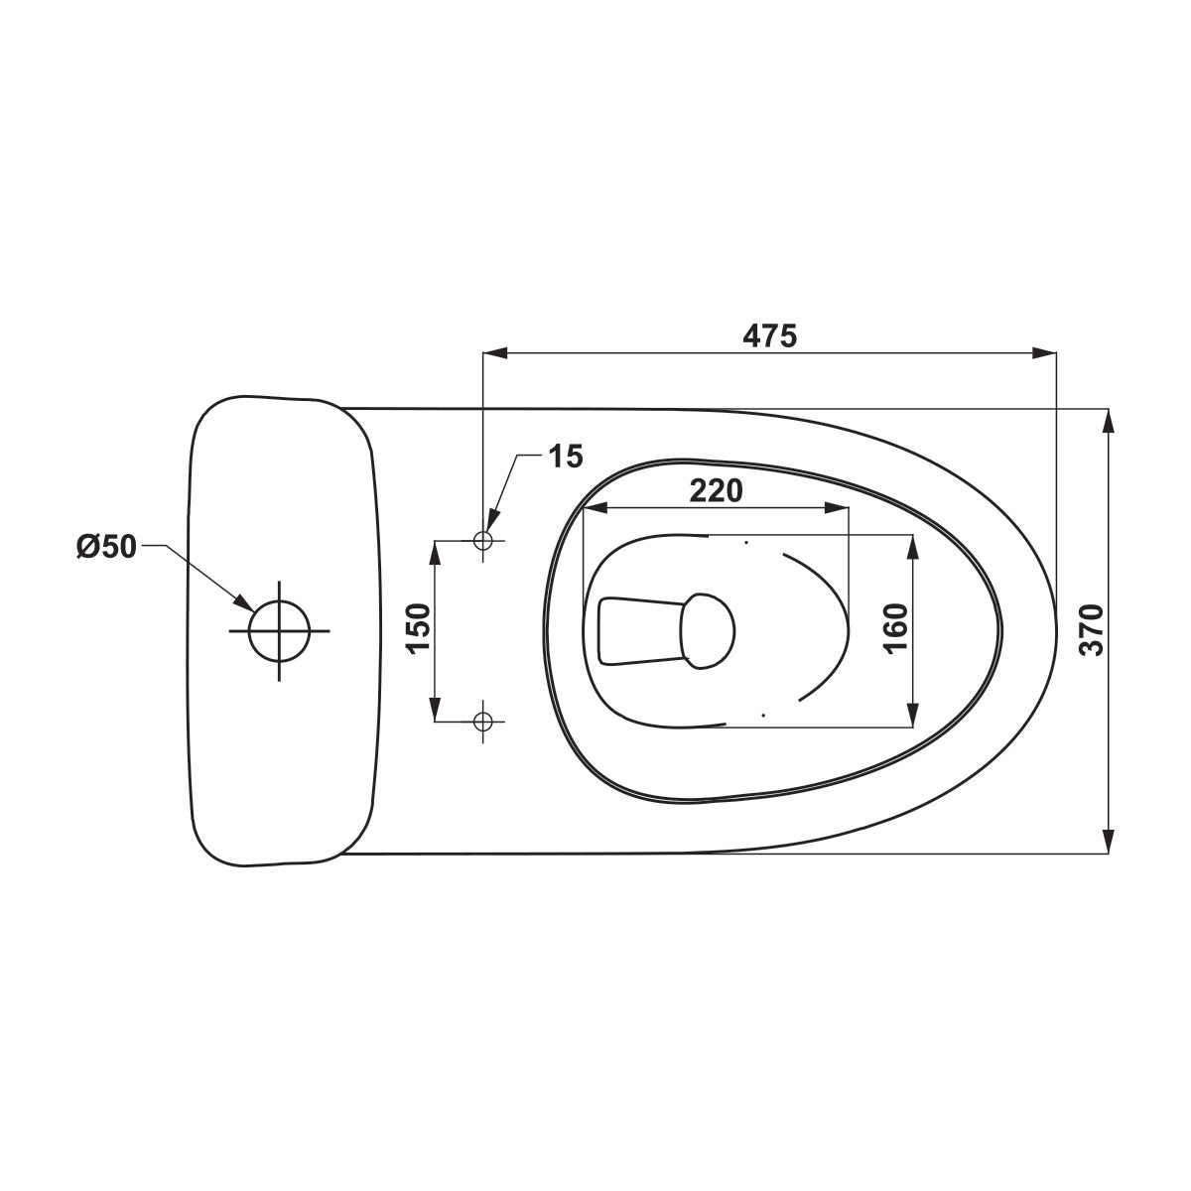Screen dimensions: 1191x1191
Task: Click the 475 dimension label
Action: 769,336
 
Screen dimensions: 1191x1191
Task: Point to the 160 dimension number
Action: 895,628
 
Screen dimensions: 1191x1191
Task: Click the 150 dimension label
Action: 419,628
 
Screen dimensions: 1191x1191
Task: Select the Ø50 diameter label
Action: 106,547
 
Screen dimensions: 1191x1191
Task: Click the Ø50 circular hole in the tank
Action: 279,630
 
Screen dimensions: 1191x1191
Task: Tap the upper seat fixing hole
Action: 482,540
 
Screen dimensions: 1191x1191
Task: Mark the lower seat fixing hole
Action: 482,721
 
